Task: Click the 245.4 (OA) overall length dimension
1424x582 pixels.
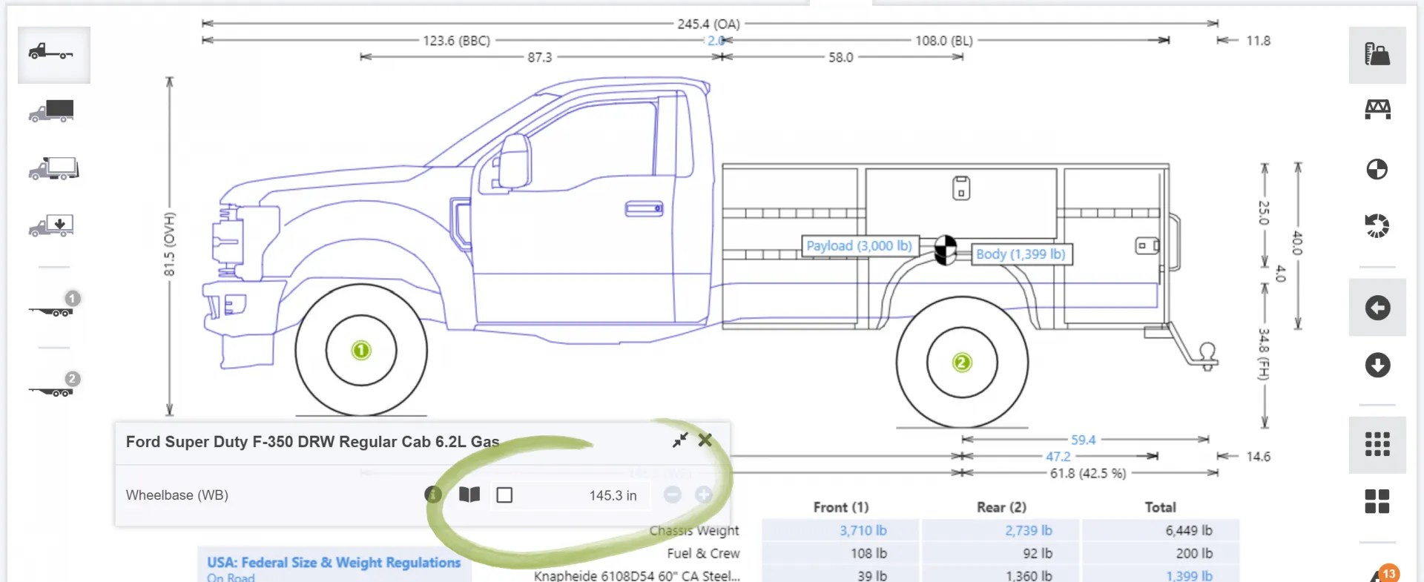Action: pyautogui.click(x=708, y=24)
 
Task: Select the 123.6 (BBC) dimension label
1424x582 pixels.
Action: pyautogui.click(x=456, y=41)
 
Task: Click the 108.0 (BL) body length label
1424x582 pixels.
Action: pyautogui.click(x=943, y=41)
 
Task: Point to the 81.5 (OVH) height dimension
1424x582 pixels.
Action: pyautogui.click(x=170, y=244)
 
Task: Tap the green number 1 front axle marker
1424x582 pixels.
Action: pyautogui.click(x=361, y=350)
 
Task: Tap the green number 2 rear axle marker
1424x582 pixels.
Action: pyautogui.click(x=962, y=363)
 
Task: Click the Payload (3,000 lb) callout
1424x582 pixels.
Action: pyautogui.click(x=859, y=246)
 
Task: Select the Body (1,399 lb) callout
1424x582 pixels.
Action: pyautogui.click(x=1021, y=254)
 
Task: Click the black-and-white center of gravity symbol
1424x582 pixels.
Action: pyautogui.click(x=945, y=249)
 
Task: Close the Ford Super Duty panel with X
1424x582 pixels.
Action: pyautogui.click(x=705, y=440)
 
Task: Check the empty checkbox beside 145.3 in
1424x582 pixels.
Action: pyautogui.click(x=504, y=495)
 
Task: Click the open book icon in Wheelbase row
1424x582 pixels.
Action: pyautogui.click(x=469, y=495)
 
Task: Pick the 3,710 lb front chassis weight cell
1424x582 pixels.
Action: pyautogui.click(x=863, y=530)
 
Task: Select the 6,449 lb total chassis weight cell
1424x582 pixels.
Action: pyautogui.click(x=1188, y=530)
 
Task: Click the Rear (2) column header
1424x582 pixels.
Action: pyautogui.click(x=1001, y=507)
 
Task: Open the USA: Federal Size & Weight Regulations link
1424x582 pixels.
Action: pyautogui.click(x=334, y=563)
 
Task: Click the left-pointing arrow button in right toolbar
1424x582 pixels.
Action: pyautogui.click(x=1377, y=308)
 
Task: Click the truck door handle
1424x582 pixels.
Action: pyautogui.click(x=644, y=209)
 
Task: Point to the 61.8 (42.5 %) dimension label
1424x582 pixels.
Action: pyautogui.click(x=1087, y=473)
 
